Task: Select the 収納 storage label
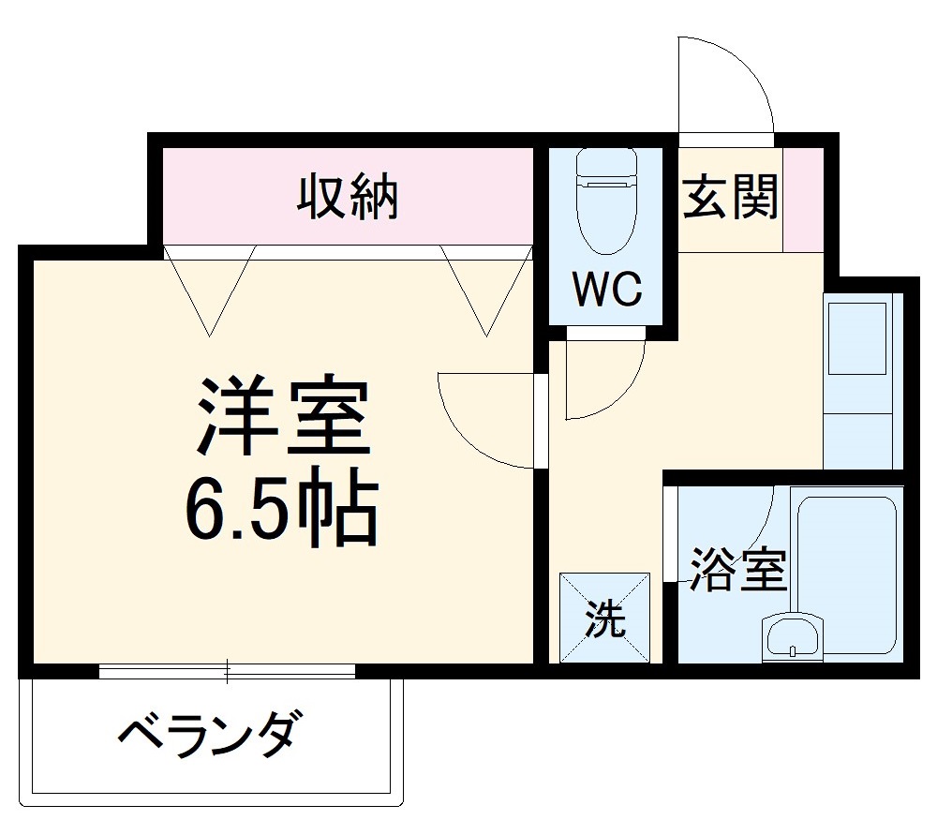(x=349, y=197)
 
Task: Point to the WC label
(x=607, y=290)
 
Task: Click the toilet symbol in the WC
(x=605, y=199)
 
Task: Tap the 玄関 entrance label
(x=730, y=198)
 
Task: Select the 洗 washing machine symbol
(x=605, y=619)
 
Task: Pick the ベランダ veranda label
(x=212, y=734)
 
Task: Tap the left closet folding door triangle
(x=208, y=286)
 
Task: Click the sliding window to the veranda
(x=228, y=670)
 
